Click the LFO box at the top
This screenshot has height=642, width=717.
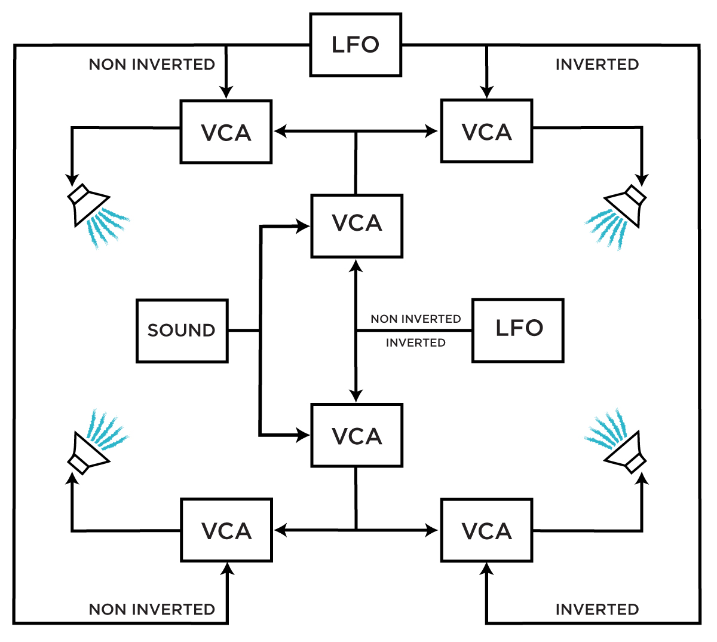[x=356, y=45]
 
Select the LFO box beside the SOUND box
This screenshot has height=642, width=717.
[x=518, y=331]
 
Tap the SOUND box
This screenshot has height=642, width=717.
[x=182, y=331]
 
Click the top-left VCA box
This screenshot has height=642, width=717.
[x=226, y=132]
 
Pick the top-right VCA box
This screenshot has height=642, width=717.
[x=486, y=131]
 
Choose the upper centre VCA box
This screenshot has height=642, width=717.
[x=357, y=225]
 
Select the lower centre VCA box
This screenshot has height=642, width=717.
[x=357, y=435]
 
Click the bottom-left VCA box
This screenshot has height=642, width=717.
[x=226, y=530]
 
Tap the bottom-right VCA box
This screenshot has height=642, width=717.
[x=486, y=530]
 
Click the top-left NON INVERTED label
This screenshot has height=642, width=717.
[x=152, y=65]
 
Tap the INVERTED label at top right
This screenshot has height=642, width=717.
[x=597, y=65]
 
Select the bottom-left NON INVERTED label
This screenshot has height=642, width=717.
[x=152, y=610]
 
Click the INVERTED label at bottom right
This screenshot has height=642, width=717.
[x=597, y=610]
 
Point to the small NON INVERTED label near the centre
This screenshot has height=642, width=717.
[x=416, y=319]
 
